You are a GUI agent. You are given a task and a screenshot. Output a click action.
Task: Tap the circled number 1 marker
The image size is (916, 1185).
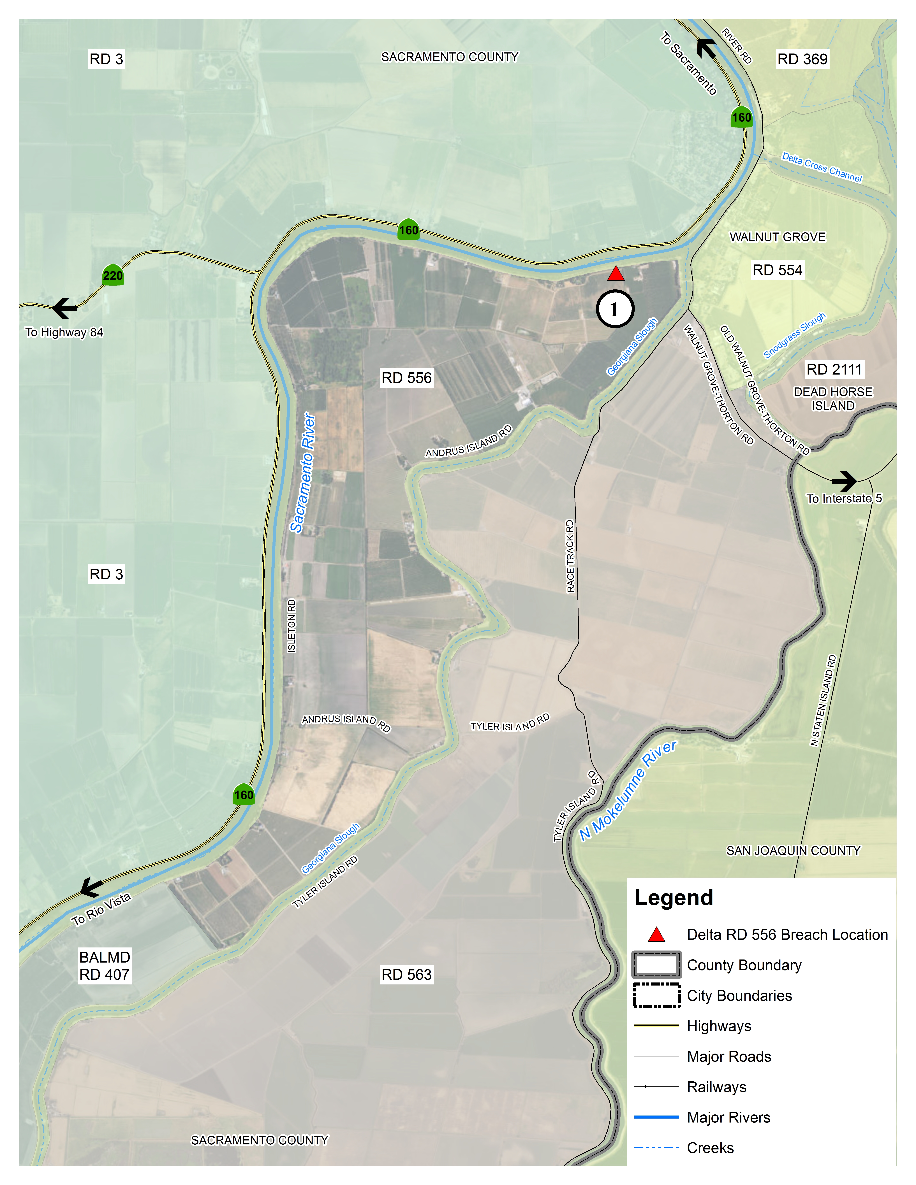[615, 309]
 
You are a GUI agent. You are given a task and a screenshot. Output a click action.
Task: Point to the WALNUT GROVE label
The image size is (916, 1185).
[777, 237]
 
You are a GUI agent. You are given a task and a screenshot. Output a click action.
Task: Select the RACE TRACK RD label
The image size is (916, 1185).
[570, 556]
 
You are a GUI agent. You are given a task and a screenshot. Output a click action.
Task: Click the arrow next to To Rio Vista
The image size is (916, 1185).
[91, 888]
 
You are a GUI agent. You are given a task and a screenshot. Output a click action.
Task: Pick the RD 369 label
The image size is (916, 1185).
[802, 59]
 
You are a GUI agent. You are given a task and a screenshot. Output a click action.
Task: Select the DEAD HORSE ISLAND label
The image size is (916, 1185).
[833, 399]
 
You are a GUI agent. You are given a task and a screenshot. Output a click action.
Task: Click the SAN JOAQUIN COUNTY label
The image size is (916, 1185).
[793, 850]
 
